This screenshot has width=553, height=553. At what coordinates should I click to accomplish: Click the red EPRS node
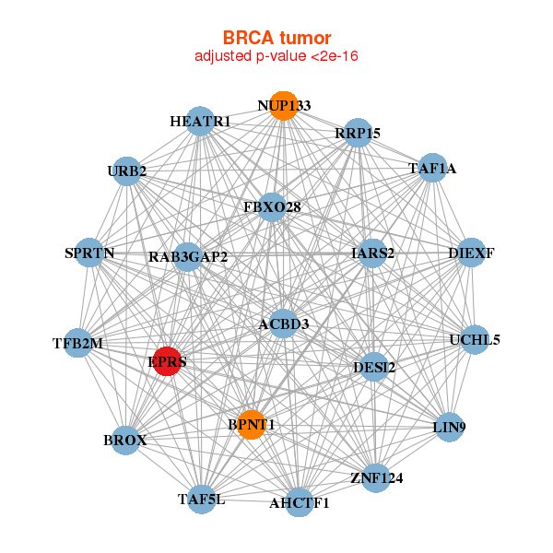(x=168, y=360)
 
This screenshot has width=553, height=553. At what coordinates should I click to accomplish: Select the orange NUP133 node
(x=284, y=105)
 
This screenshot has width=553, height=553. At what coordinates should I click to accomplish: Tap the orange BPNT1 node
(x=252, y=424)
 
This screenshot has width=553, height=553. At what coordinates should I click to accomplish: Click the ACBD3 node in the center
(x=284, y=324)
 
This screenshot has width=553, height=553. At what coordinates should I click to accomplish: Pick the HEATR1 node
(x=200, y=122)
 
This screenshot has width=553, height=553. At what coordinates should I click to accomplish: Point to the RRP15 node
(x=358, y=133)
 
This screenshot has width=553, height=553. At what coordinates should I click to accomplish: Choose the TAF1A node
(x=432, y=168)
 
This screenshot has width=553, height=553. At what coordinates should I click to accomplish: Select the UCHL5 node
(x=475, y=339)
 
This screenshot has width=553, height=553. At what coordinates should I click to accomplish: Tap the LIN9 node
(x=449, y=426)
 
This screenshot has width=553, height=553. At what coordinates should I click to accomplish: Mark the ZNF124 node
(x=376, y=477)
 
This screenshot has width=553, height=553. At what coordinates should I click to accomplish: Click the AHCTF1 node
(x=300, y=502)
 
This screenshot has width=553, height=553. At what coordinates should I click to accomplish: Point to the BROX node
(x=125, y=440)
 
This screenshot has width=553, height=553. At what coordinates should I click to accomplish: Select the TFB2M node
(x=78, y=344)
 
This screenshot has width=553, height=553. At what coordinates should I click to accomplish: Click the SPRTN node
(x=89, y=253)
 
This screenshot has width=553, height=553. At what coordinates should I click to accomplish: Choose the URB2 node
(x=127, y=171)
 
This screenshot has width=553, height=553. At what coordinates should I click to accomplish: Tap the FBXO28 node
(x=272, y=207)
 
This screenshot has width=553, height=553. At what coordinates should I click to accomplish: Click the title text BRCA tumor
(x=276, y=38)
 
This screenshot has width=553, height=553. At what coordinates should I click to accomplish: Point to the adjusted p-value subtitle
(x=276, y=56)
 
